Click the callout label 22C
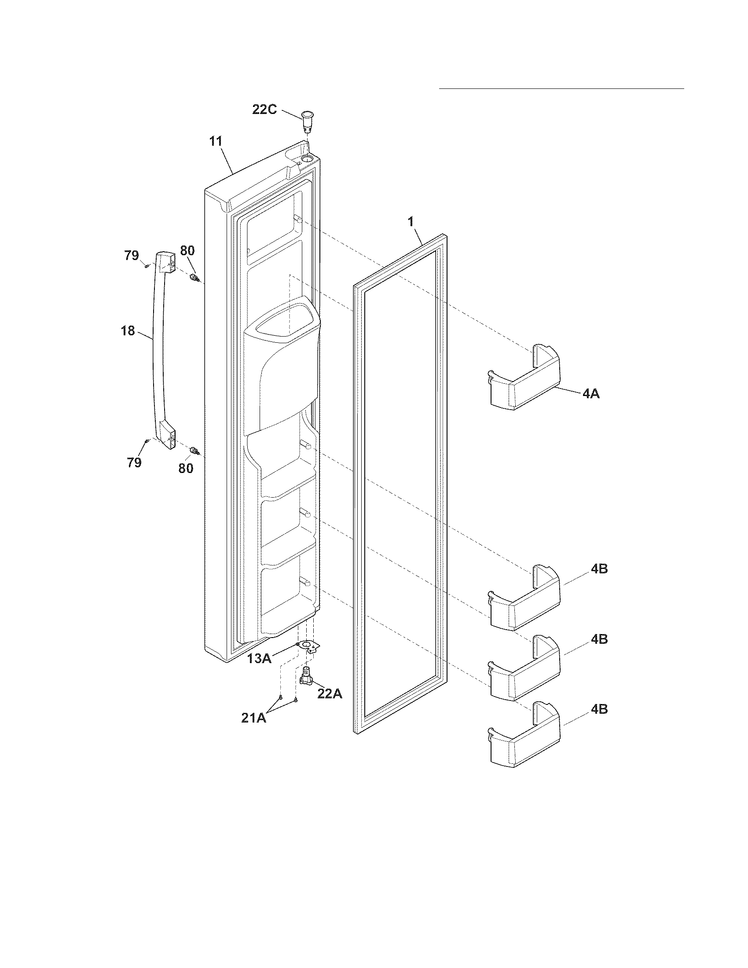264,110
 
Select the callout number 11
216,142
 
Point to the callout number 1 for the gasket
411,222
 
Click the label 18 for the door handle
128,330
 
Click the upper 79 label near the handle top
132,256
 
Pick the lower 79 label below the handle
134,463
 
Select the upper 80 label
187,250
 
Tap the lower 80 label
186,468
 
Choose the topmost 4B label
599,569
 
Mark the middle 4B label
599,639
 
